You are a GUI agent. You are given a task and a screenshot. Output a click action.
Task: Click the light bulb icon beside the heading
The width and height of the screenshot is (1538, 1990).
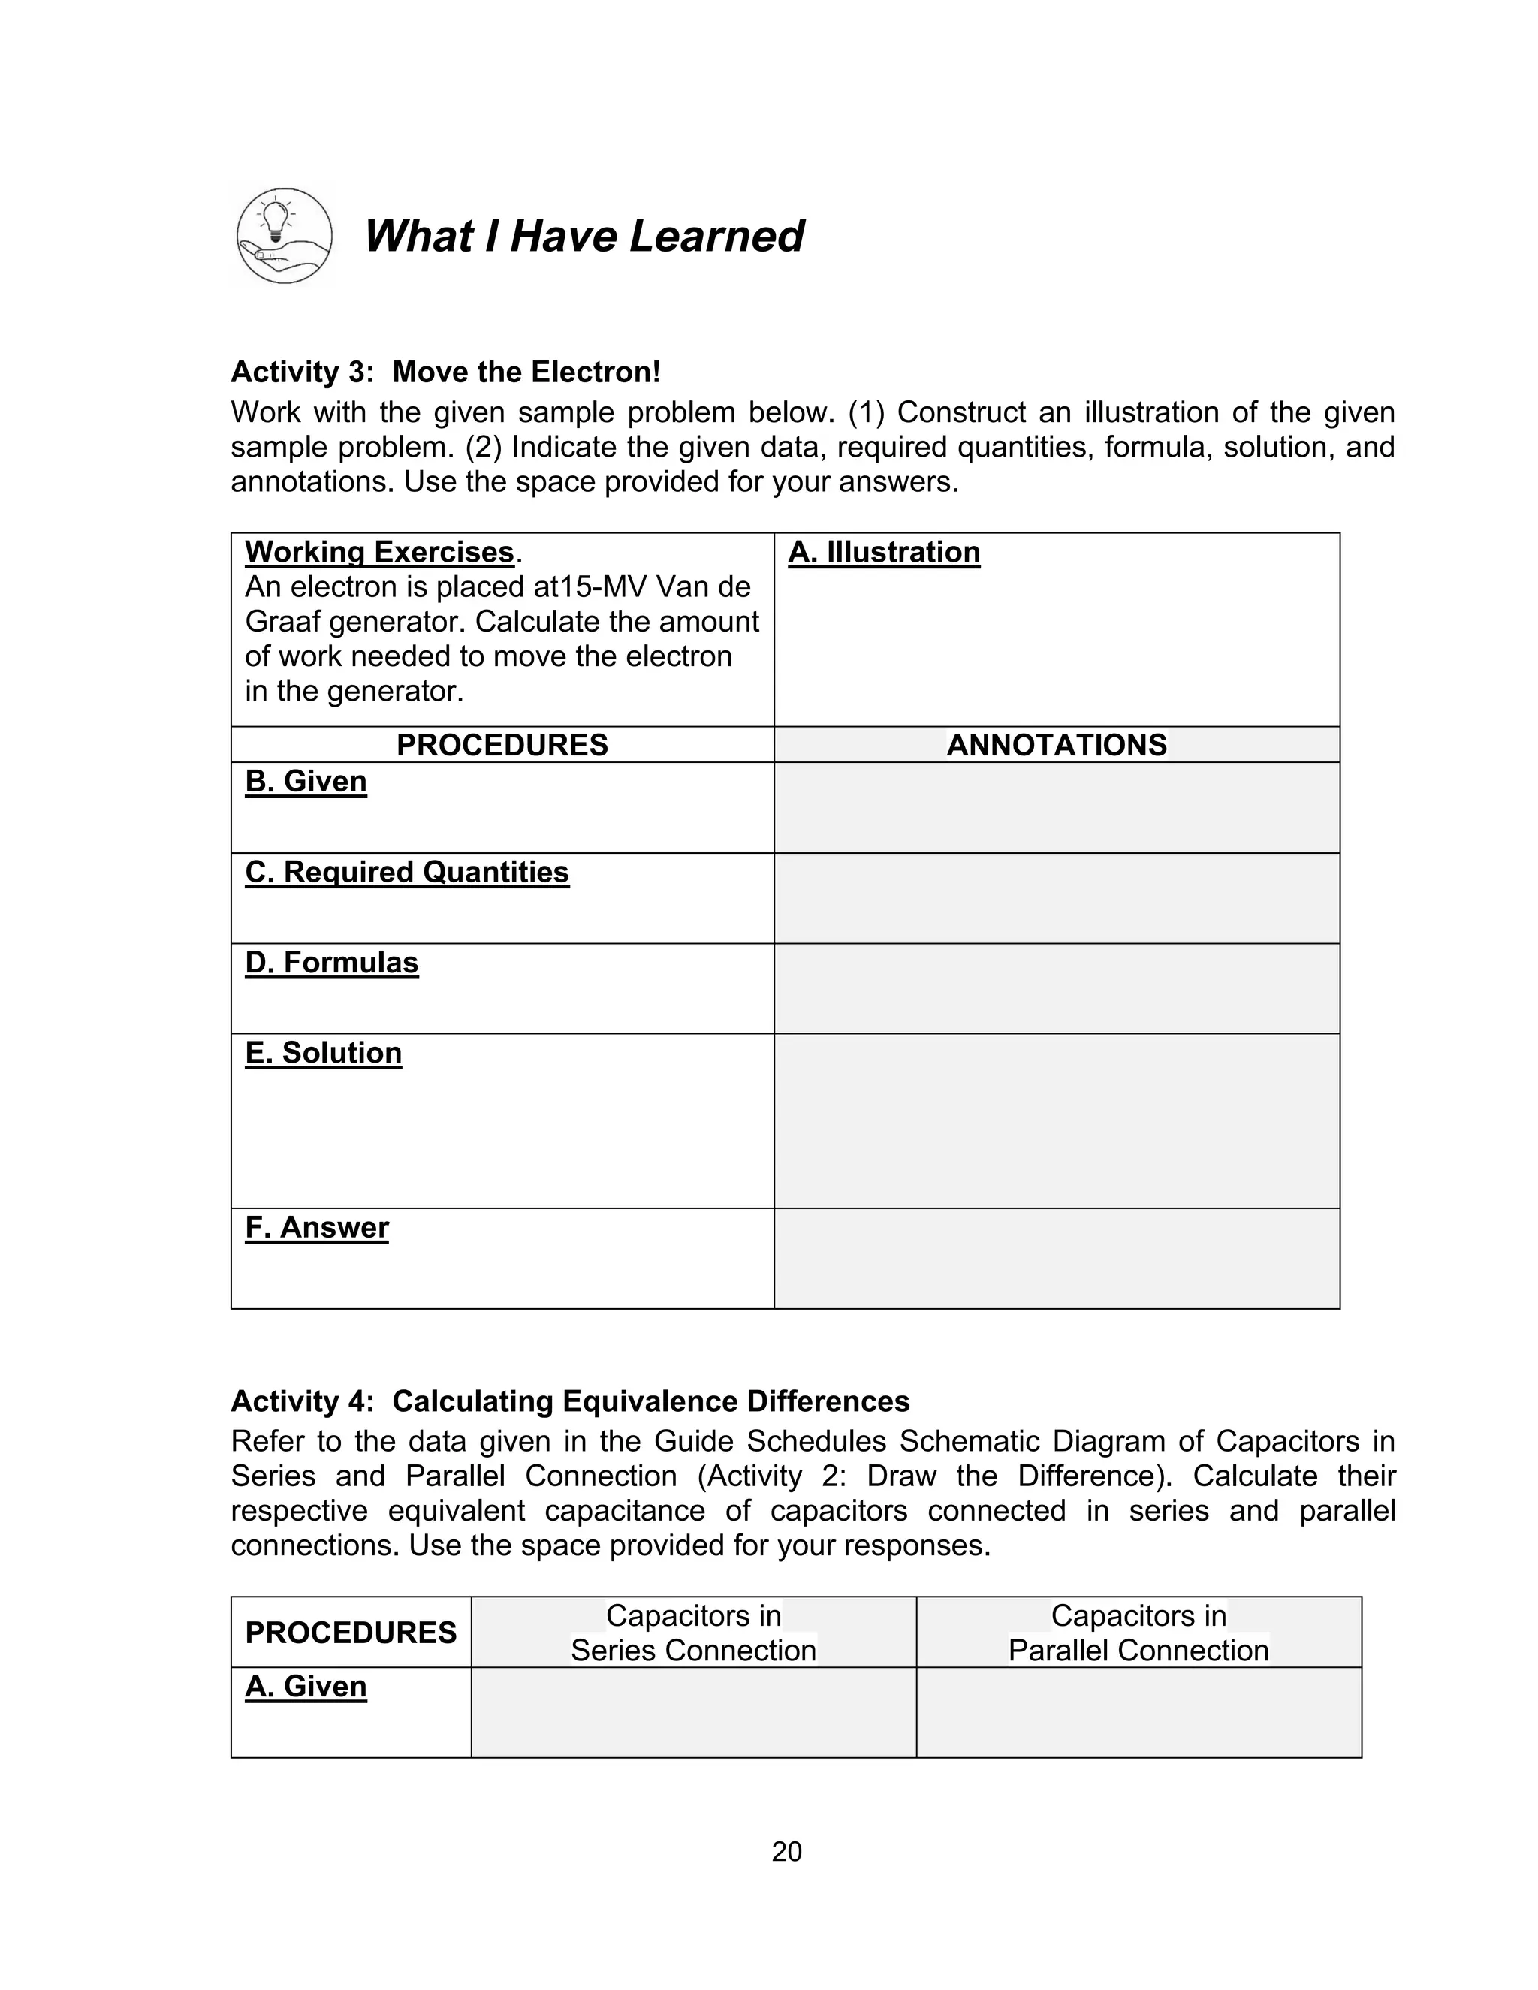click(x=283, y=236)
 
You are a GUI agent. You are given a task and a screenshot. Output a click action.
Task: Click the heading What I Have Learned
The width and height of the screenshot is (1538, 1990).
click(x=583, y=236)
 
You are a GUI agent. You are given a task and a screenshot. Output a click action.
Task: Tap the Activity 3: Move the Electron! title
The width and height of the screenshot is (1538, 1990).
click(x=445, y=372)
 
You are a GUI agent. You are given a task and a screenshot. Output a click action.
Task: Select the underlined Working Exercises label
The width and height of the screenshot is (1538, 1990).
click(x=380, y=552)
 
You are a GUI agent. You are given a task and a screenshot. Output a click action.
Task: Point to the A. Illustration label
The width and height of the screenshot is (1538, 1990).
click(x=884, y=552)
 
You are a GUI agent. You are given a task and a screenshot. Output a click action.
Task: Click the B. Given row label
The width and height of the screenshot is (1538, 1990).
click(x=306, y=782)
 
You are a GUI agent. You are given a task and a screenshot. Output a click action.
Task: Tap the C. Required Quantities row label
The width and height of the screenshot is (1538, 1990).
click(x=407, y=872)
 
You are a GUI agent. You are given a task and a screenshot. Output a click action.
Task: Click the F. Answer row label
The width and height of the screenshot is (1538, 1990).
click(x=317, y=1227)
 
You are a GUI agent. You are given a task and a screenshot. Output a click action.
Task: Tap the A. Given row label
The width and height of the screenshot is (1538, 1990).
click(x=306, y=1687)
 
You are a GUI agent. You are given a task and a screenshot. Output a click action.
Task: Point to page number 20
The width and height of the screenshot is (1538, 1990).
click(x=786, y=1852)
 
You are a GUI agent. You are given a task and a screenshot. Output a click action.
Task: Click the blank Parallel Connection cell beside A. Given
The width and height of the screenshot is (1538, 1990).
click(x=1138, y=1713)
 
